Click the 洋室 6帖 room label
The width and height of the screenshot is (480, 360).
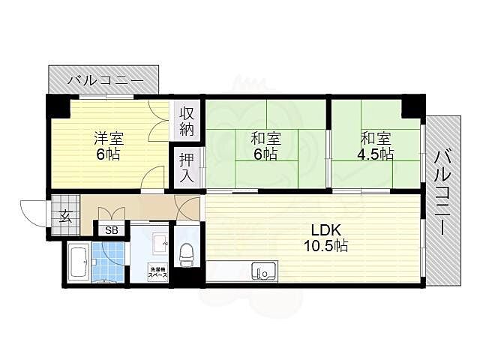tap(107, 146)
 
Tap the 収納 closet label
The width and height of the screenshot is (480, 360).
tap(187, 121)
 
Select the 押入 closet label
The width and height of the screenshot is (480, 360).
tap(187, 169)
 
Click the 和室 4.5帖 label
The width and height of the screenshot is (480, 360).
tap(374, 146)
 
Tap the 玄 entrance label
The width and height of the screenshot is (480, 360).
tap(65, 217)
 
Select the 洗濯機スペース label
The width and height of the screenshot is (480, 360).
tap(157, 272)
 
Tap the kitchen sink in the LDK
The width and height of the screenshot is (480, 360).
tap(262, 271)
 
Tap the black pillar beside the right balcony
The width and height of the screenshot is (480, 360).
tap(412, 106)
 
